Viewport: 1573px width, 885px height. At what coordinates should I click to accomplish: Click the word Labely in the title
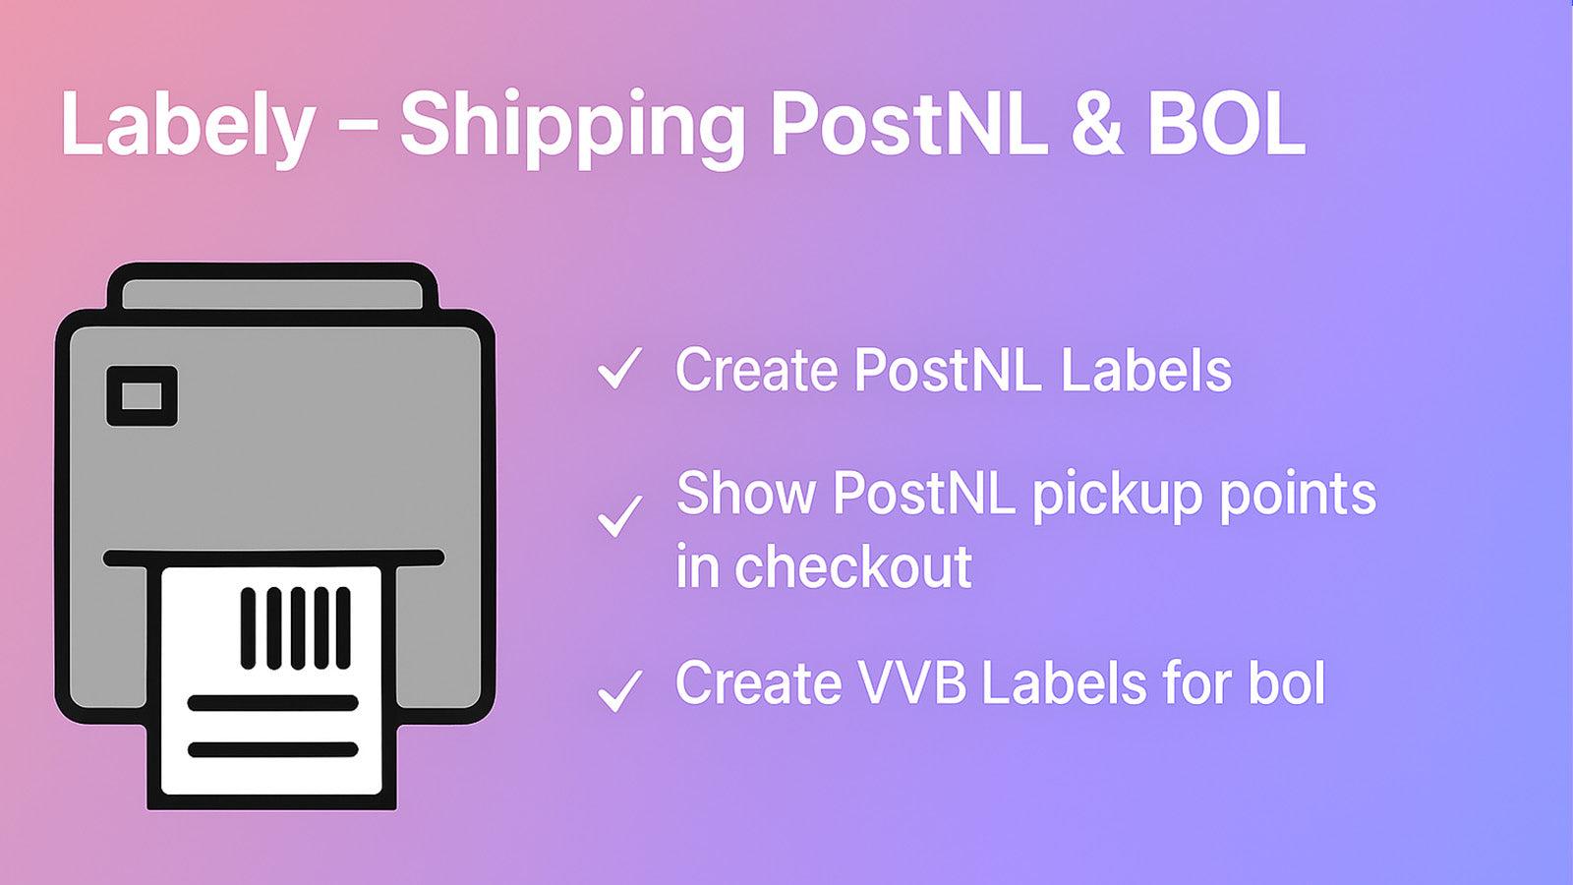187,124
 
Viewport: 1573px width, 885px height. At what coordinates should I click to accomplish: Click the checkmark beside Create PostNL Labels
619,369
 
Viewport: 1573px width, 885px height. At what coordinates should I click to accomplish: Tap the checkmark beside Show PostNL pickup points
619,516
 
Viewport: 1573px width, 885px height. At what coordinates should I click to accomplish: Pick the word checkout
853,567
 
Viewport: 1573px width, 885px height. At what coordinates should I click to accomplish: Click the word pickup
1117,494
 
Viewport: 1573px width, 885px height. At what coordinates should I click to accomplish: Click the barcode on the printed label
295,628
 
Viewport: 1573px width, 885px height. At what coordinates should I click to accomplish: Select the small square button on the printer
142,396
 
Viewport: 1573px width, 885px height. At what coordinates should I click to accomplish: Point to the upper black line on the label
272,703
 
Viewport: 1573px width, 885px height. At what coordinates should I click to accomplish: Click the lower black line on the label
272,750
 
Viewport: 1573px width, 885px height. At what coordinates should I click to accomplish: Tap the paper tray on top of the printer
271,293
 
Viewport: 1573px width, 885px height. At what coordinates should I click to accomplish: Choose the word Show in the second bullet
745,494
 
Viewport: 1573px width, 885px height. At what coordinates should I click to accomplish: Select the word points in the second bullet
1298,494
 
